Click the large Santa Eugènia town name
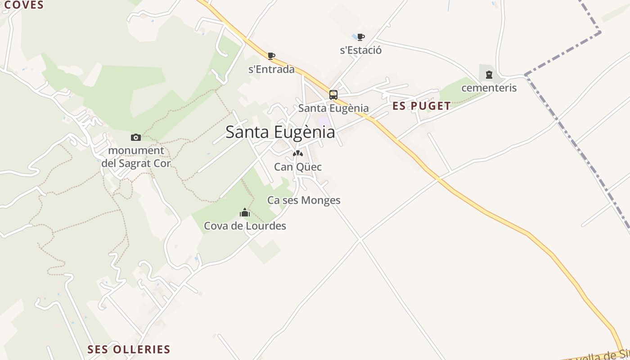280,132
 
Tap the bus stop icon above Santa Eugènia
333,95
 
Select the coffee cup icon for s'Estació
360,37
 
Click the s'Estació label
360,50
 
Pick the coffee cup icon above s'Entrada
271,56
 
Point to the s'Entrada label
271,69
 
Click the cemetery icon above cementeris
489,75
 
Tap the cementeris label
489,88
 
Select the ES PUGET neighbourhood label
421,106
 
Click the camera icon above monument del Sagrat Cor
135,137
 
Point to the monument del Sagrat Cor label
136,157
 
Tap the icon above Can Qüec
297,153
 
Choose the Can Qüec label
297,167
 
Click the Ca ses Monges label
304,200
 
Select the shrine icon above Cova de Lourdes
245,212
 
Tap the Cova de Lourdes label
245,225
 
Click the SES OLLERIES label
129,350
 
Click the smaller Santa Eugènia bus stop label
333,108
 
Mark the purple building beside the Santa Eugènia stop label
323,121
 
